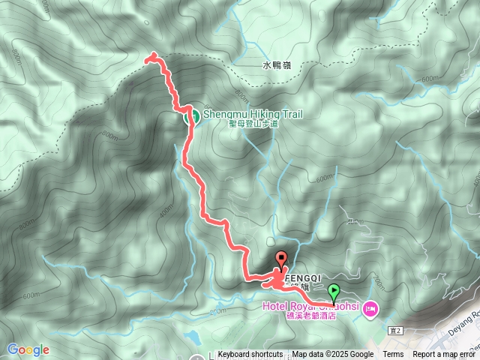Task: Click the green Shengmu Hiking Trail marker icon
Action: coord(190,115)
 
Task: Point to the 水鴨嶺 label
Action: coord(276,66)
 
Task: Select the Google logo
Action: coord(28,349)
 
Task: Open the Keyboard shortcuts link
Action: coord(250,355)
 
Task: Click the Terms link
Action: coord(393,355)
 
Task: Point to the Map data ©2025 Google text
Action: coord(333,355)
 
